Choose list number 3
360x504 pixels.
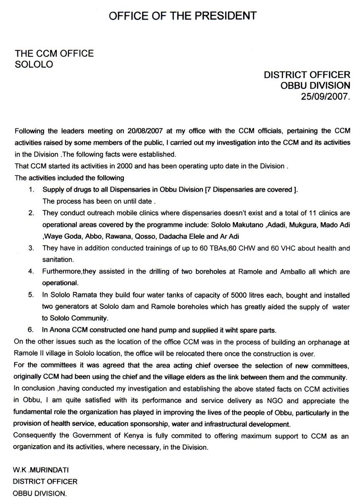tap(31, 248)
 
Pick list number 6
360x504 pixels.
tap(31, 328)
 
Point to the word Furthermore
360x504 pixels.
tap(62, 272)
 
